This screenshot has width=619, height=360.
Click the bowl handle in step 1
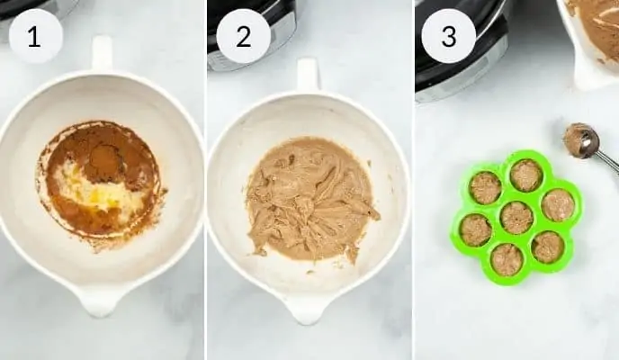[x=102, y=54]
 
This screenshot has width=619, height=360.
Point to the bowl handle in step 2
[x=309, y=75]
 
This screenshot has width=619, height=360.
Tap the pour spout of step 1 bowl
[x=99, y=301]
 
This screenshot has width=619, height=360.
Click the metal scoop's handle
[x=609, y=163]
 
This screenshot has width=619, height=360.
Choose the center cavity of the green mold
[x=516, y=218]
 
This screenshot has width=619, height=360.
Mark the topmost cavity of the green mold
[x=525, y=175]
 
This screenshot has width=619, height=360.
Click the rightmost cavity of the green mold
[x=557, y=204]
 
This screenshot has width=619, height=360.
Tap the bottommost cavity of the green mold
[x=507, y=260]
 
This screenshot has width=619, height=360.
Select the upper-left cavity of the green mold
[x=486, y=187]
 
